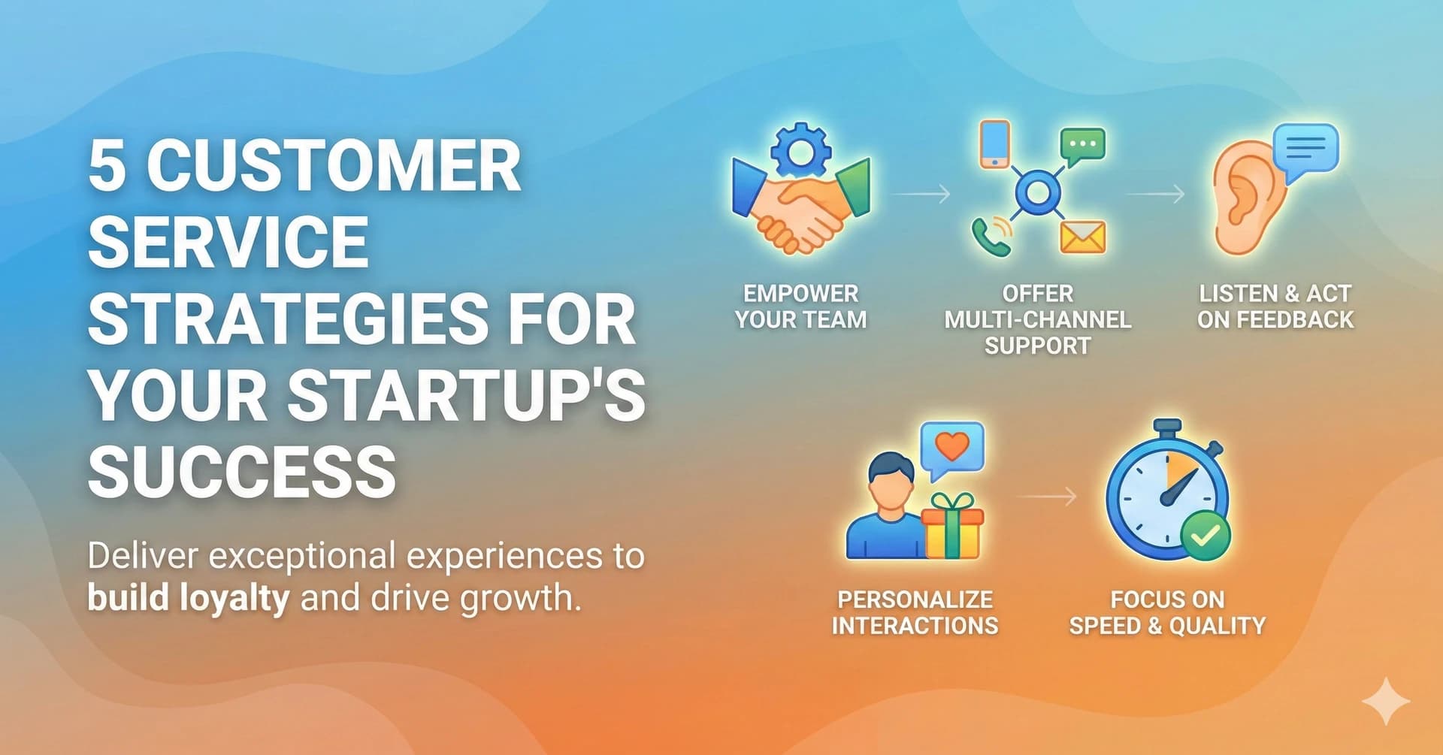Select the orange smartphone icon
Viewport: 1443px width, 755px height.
click(995, 143)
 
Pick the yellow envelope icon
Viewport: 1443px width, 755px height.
click(1082, 237)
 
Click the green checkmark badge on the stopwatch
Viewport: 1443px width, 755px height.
click(1206, 536)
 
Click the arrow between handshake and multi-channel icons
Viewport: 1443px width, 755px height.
click(921, 195)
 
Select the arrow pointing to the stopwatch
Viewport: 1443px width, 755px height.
click(1046, 496)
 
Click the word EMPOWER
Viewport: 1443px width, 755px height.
click(800, 293)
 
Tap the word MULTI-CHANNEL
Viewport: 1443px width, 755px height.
click(1037, 319)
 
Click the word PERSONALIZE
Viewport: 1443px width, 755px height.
click(915, 599)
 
